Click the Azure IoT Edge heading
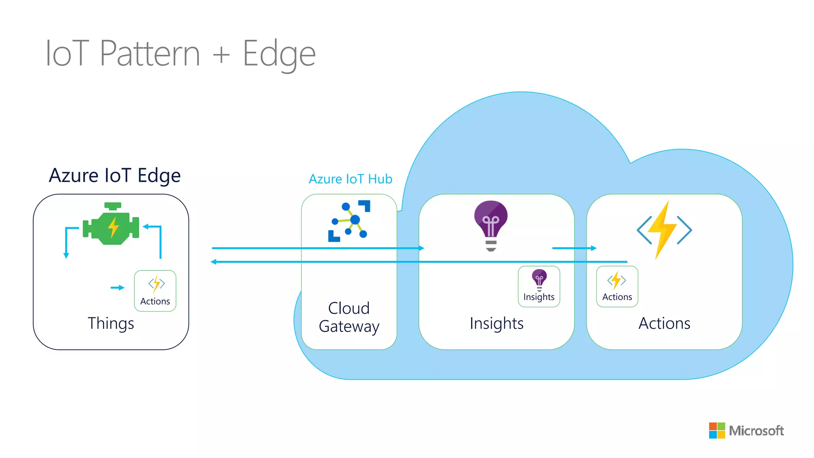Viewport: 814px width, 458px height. [114, 175]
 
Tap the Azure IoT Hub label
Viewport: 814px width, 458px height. [350, 179]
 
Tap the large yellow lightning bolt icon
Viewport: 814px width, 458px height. [664, 230]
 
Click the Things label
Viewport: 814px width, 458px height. [110, 323]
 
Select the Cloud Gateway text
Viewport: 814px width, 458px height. [349, 317]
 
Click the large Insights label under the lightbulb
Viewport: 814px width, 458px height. [496, 323]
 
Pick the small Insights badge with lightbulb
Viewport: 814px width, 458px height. [539, 287]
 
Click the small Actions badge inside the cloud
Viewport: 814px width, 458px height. [617, 287]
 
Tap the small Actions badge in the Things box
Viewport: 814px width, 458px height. [155, 291]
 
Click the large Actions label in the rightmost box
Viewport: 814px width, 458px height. [664, 323]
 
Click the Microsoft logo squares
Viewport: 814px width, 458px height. [717, 431]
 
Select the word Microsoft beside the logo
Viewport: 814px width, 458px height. [756, 431]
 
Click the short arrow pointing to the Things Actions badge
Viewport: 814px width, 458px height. [118, 287]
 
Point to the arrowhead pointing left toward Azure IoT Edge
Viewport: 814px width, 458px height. [213, 262]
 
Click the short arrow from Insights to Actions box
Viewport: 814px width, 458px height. [574, 248]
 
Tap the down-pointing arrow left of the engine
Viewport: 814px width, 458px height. [66, 254]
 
